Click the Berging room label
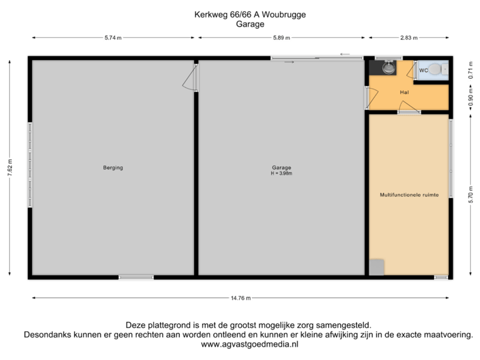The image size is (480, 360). coord(113,167)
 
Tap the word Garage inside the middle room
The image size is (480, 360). coord(281,167)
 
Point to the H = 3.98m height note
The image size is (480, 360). coord(281,173)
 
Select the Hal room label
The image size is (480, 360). coord(404,92)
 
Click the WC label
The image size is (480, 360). coord(423,69)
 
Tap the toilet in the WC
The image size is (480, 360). coord(437,69)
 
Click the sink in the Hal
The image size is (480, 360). coord(388,68)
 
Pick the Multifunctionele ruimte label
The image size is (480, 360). coord(409,195)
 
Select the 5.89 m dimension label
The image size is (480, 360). coord(281,38)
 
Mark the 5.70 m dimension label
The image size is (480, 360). coord(471,194)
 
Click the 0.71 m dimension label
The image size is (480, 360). coord(471,75)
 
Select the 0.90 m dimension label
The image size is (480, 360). coord(471,99)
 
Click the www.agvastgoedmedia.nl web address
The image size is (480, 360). coord(249,344)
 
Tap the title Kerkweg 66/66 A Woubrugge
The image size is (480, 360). coord(250,15)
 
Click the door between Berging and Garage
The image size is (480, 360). coord(192,79)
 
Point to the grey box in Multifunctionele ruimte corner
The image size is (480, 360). coord(377,266)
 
